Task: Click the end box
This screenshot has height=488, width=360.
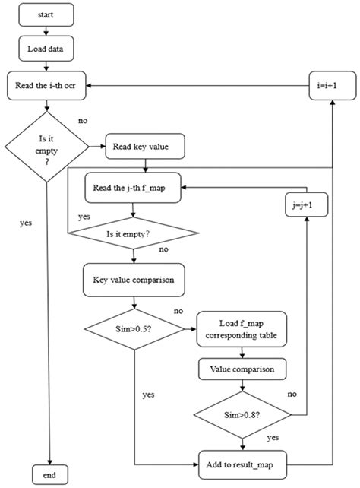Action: (x=49, y=474)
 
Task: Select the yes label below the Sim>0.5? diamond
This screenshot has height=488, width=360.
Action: (x=148, y=395)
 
